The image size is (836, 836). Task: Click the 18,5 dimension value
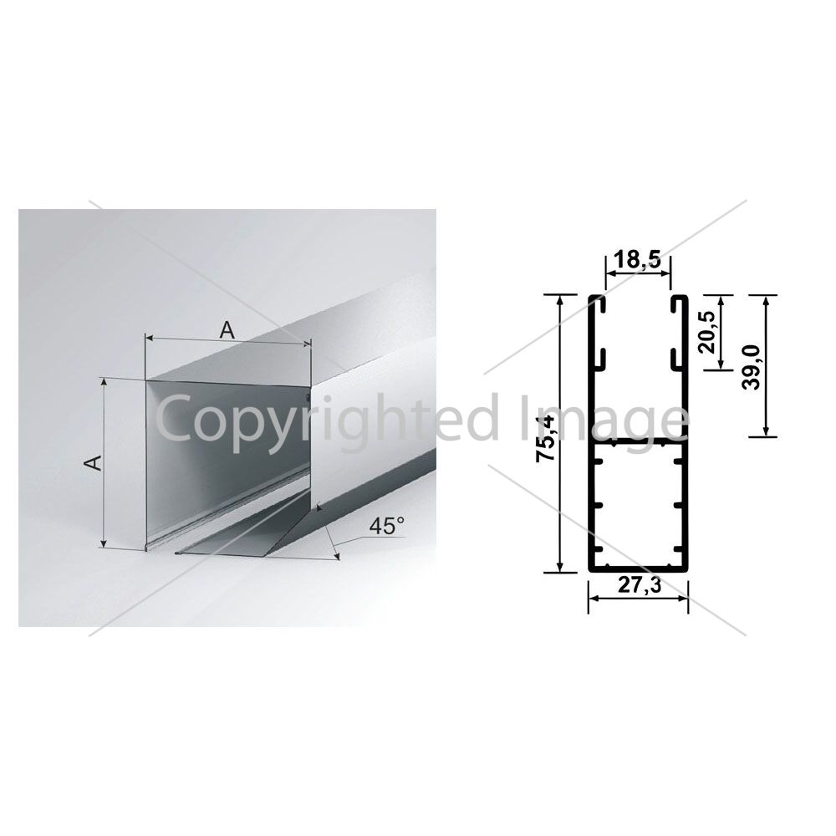coord(637,260)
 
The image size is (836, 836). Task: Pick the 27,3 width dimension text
coord(640,585)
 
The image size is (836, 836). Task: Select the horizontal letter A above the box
coord(227,330)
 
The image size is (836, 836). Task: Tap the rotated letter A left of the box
coord(94,462)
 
